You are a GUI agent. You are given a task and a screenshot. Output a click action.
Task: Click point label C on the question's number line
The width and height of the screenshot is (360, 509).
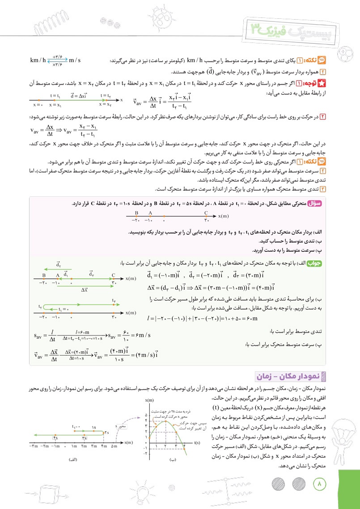(206, 213)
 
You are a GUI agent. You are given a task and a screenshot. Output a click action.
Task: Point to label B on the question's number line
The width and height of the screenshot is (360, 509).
(136, 213)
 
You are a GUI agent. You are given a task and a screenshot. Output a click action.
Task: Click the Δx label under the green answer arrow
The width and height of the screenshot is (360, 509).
(84, 290)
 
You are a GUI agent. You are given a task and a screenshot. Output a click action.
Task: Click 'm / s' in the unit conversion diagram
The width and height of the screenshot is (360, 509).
(77, 60)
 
